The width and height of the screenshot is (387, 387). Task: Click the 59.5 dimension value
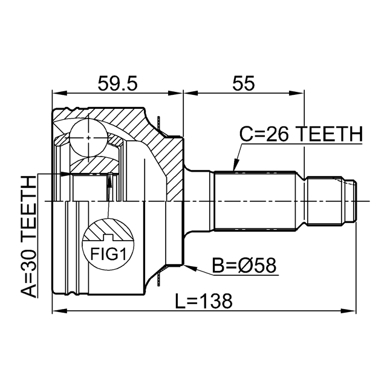(117, 83)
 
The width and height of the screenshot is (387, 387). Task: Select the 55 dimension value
(243, 83)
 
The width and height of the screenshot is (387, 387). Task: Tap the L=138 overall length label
(204, 301)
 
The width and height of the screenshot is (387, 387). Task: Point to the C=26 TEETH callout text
(301, 134)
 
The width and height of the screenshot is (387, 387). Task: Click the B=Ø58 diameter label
(244, 265)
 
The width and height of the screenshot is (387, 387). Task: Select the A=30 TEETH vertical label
(28, 236)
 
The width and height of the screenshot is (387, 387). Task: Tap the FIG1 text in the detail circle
(108, 254)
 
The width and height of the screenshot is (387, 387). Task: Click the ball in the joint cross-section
(89, 137)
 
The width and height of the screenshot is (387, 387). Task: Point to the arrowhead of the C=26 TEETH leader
(236, 165)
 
